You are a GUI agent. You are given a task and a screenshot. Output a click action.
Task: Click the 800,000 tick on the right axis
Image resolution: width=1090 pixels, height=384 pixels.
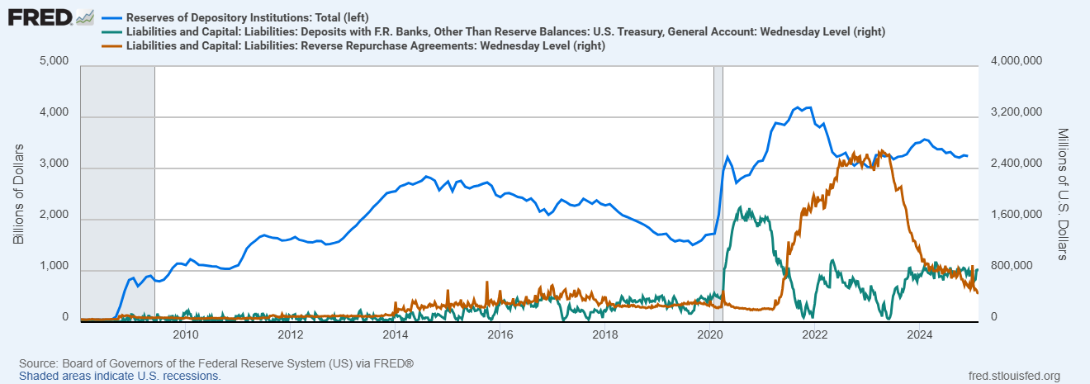click(1009, 267)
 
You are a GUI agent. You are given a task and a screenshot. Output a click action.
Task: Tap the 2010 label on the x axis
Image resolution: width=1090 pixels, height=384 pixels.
click(185, 334)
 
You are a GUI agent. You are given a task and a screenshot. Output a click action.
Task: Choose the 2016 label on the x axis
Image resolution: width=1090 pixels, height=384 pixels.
click(500, 334)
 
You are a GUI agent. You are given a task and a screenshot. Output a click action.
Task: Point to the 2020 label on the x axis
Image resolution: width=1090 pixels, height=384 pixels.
click(711, 334)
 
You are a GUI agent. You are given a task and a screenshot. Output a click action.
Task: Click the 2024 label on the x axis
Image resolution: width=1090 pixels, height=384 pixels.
click(921, 334)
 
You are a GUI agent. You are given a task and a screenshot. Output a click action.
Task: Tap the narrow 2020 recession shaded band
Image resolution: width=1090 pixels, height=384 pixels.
click(718, 190)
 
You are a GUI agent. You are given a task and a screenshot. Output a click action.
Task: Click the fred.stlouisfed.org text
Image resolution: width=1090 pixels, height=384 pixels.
click(1013, 376)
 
